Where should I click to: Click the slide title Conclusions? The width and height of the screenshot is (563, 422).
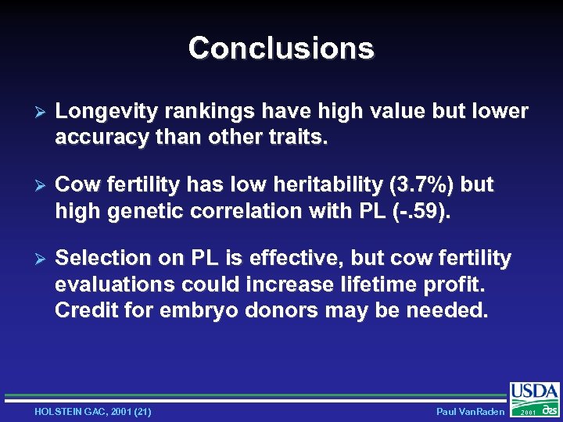[x=281, y=48]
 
